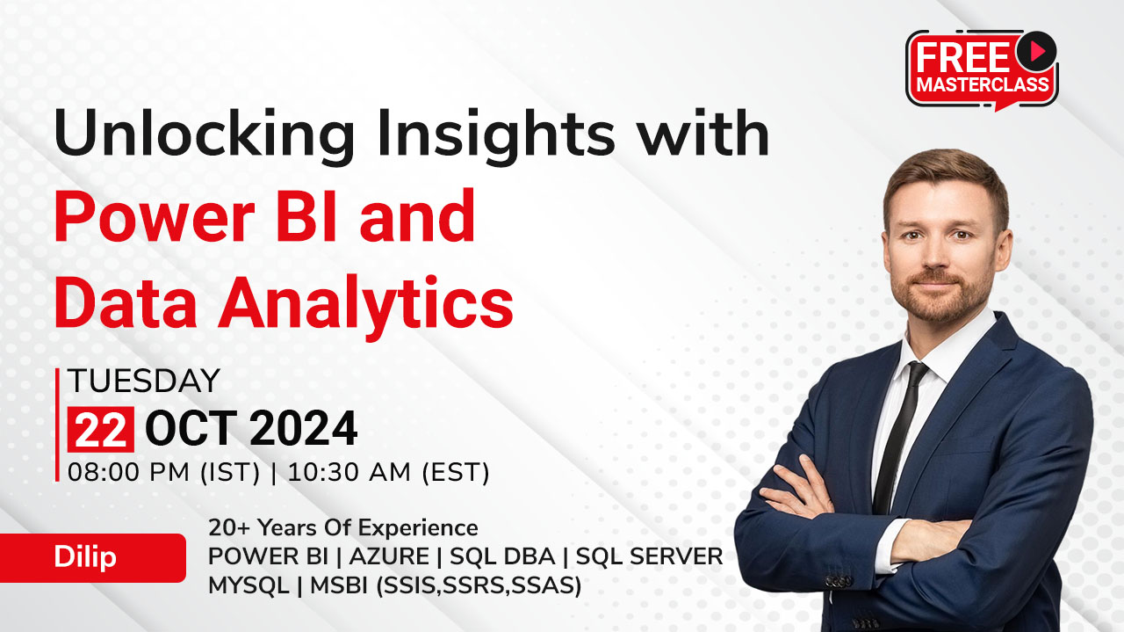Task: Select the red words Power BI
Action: [x=195, y=216]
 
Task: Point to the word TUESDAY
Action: [x=144, y=381]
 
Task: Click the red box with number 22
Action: [x=101, y=430]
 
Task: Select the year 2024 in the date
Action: [x=303, y=429]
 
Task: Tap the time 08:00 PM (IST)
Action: [x=164, y=472]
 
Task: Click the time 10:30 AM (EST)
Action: [x=388, y=472]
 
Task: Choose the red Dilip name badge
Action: [x=93, y=557]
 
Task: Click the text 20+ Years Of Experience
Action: [x=343, y=527]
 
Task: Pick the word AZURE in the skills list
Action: [x=389, y=556]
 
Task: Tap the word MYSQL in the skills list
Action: [x=249, y=585]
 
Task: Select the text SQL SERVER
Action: [x=649, y=556]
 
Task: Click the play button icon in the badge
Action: [x=1036, y=51]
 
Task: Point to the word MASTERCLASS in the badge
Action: [x=983, y=84]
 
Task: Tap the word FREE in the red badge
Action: [x=963, y=58]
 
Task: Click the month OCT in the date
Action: [x=191, y=429]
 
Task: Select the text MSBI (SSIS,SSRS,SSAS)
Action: [x=445, y=585]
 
